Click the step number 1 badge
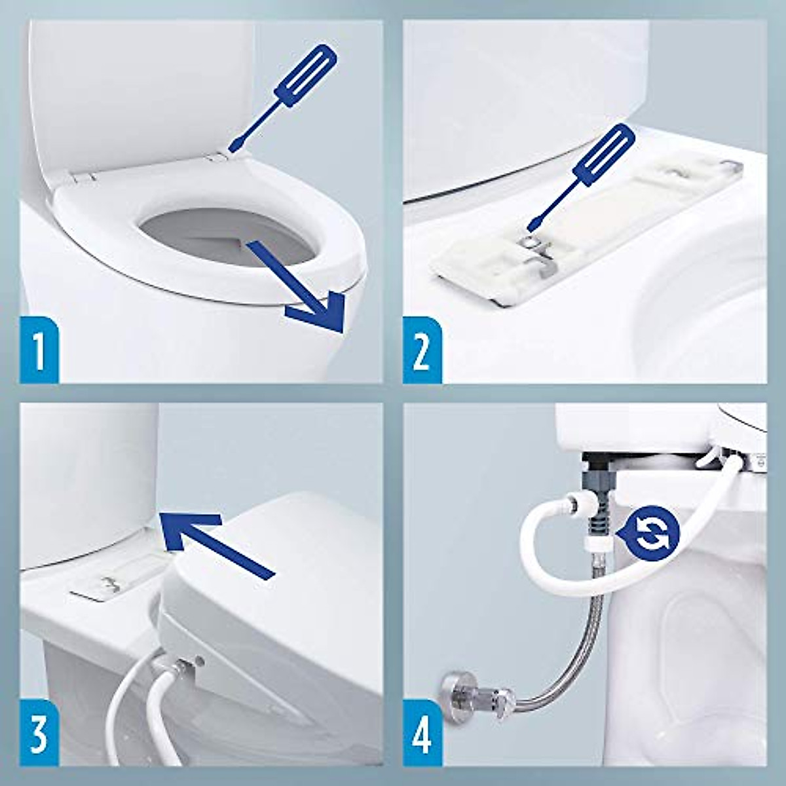point(39,350)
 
